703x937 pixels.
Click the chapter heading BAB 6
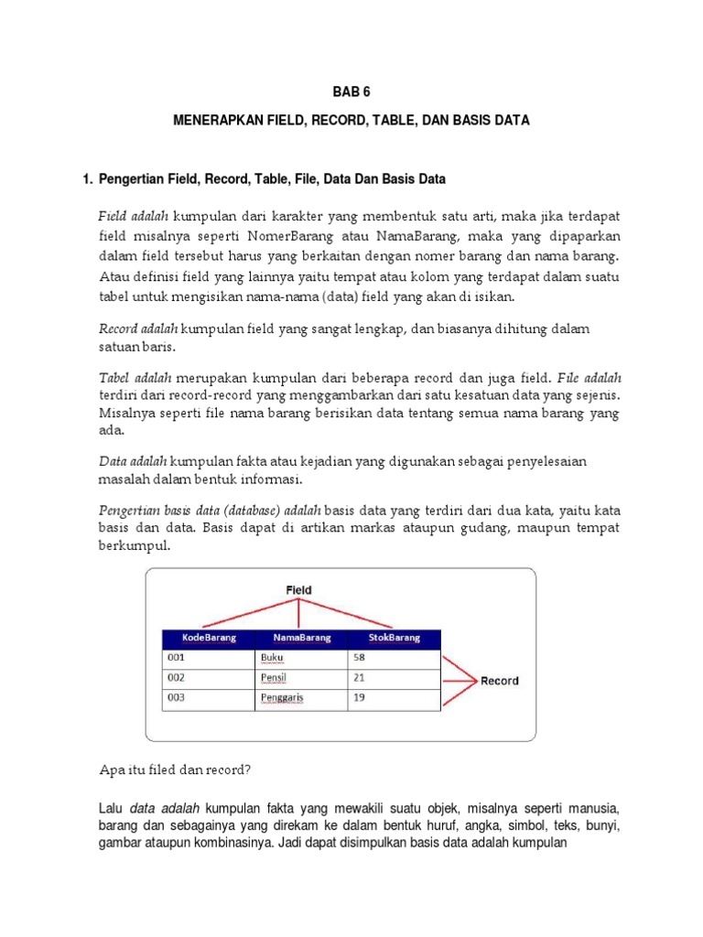click(x=351, y=92)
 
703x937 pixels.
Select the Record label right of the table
click(x=499, y=681)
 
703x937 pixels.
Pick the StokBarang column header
click(x=394, y=638)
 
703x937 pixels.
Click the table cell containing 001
click(x=177, y=657)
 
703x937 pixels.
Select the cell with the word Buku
click(x=273, y=657)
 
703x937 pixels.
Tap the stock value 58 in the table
click(x=360, y=657)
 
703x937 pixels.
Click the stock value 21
click(x=359, y=677)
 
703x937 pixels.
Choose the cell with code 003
click(x=177, y=697)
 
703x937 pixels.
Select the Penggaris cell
click(x=282, y=698)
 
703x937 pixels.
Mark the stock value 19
click(x=359, y=697)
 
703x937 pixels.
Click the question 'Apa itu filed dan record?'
click(x=174, y=770)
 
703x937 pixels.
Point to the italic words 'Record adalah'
click(x=138, y=328)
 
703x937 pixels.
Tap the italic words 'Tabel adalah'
click(x=135, y=377)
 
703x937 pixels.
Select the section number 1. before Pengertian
click(x=89, y=179)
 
